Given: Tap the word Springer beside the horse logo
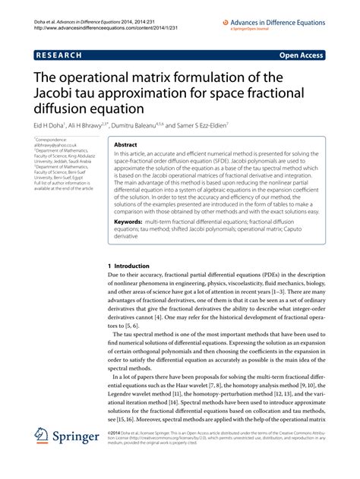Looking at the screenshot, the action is pyautogui.click(x=78, y=460).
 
